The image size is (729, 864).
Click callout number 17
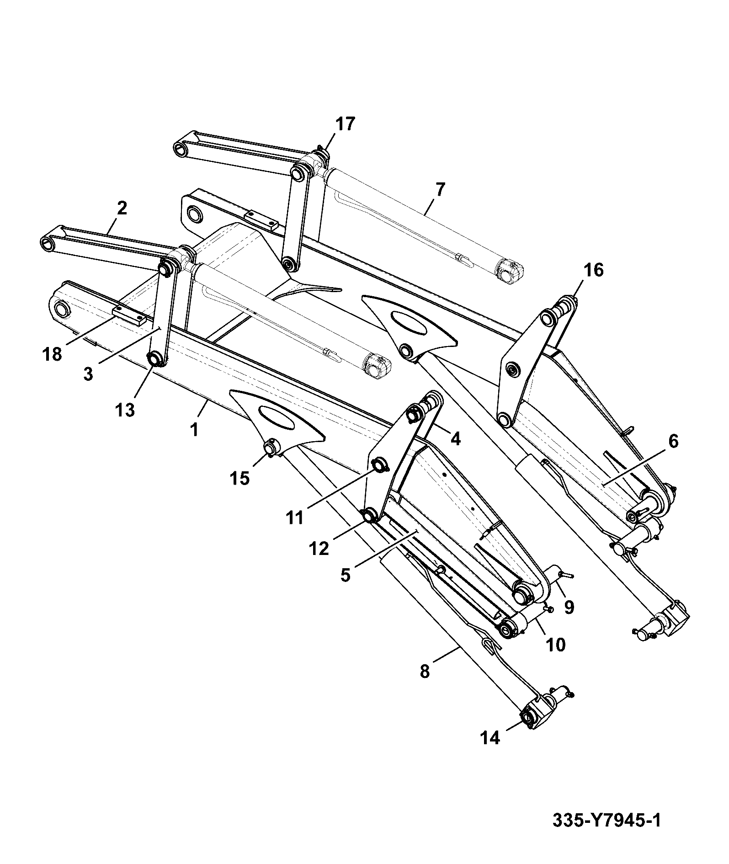tap(345, 124)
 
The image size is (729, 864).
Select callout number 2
tap(122, 208)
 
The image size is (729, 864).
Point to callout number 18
tap(52, 354)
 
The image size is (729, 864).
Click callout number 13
tap(125, 410)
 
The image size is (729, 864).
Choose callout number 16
tap(593, 270)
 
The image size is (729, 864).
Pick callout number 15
tap(240, 478)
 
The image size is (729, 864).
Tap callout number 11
tap(295, 518)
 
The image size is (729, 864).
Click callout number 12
tap(319, 548)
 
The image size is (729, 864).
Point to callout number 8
tap(425, 672)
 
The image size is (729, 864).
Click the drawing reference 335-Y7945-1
tap(607, 820)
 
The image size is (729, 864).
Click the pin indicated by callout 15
tap(271, 448)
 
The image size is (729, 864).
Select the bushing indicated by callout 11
tap(380, 466)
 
